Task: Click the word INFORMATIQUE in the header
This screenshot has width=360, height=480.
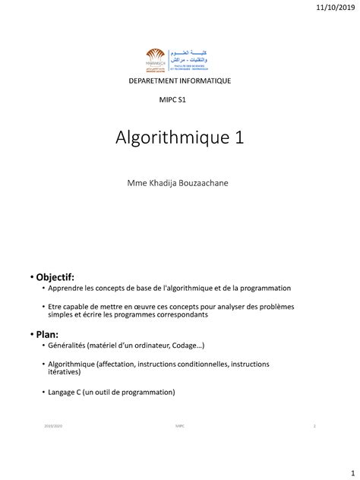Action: click(206, 80)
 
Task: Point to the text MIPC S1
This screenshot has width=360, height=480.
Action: click(172, 99)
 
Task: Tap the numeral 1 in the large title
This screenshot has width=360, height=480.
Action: click(239, 137)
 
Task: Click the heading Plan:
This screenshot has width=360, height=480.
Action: click(49, 334)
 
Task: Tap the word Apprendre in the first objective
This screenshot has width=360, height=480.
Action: click(65, 289)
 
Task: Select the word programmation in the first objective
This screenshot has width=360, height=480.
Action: click(267, 289)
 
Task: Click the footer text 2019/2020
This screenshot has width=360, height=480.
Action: click(54, 427)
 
